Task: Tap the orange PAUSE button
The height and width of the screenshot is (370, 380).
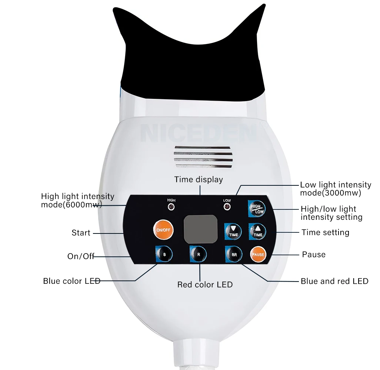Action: click(x=258, y=255)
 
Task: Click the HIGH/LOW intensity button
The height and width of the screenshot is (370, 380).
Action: click(x=257, y=209)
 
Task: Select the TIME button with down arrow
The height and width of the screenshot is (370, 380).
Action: click(x=233, y=232)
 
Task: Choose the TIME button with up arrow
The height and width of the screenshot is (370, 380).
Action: click(x=257, y=232)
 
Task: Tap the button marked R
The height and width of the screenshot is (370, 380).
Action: click(x=198, y=254)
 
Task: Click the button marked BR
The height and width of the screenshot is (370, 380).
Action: click(x=234, y=255)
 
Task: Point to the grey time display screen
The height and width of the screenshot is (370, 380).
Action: click(x=200, y=229)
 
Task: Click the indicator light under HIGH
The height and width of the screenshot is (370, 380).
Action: click(x=171, y=207)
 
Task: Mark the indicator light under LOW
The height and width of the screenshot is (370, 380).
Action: click(x=227, y=207)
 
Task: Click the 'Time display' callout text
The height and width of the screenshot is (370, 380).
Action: click(x=199, y=179)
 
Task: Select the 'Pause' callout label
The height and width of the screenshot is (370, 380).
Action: click(x=314, y=255)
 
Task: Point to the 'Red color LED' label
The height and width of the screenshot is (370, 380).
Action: click(x=205, y=285)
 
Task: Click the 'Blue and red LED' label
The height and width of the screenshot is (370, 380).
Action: click(x=334, y=281)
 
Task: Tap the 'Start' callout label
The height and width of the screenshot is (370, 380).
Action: click(x=81, y=233)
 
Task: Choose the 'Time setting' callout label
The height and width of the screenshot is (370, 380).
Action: click(x=326, y=232)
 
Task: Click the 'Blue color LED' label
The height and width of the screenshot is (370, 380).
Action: click(x=72, y=281)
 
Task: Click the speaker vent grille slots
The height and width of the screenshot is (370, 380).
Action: click(x=203, y=157)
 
